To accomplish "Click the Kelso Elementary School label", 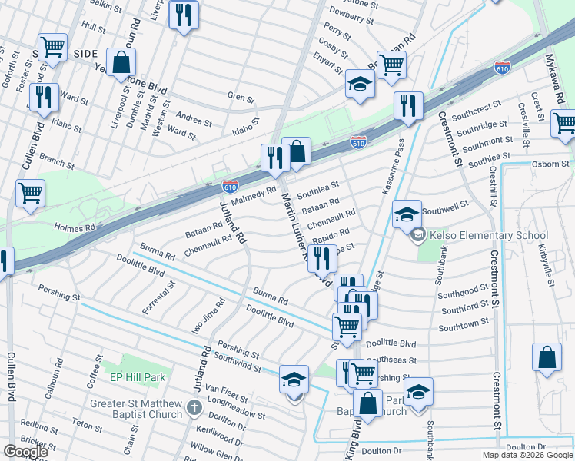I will pyautogui.click(x=488, y=236).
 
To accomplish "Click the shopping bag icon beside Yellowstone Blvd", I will pyautogui.click(x=121, y=62).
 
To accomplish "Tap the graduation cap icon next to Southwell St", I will pyautogui.click(x=407, y=214).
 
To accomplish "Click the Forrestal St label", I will pyautogui.click(x=159, y=297).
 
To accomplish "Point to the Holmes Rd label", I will pyautogui.click(x=75, y=228).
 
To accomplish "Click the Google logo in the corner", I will pyautogui.click(x=25, y=452).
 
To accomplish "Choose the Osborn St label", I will pyautogui.click(x=550, y=164).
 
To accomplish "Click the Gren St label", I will pyautogui.click(x=241, y=98).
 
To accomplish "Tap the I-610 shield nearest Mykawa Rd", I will pyautogui.click(x=503, y=68).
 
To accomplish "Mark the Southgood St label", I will pyautogui.click(x=464, y=293).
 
